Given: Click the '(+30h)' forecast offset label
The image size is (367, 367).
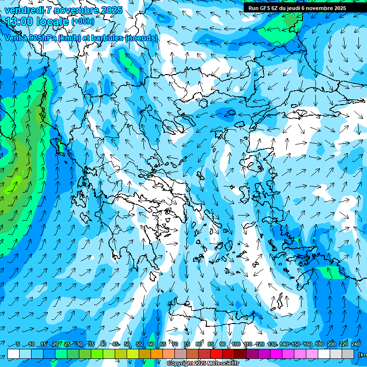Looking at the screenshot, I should pyautogui.click(x=83, y=22).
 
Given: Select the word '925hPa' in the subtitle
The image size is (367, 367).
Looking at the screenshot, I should pyautogui.click(x=41, y=38).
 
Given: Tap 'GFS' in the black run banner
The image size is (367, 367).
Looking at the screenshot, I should pyautogui.click(x=265, y=8).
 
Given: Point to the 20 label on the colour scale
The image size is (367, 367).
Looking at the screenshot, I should pyautogui.click(x=55, y=344).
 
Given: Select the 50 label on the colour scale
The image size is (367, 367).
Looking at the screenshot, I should pyautogui.click(x=127, y=344).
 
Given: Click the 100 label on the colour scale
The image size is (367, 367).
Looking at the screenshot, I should pyautogui.click(x=236, y=344).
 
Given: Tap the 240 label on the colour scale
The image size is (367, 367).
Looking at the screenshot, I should pyautogui.click(x=356, y=344).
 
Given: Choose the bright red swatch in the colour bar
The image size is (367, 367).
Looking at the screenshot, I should pyautogui.click(x=216, y=354).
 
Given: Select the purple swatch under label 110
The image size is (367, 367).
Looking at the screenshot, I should pyautogui.click(x=252, y=354).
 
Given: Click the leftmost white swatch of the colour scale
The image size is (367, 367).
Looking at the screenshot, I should pyautogui.click(x=13, y=354).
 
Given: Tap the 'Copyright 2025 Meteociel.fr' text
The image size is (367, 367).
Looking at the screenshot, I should pyautogui.click(x=202, y=364).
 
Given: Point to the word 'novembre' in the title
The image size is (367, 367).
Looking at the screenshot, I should pyautogui.click(x=76, y=10).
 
